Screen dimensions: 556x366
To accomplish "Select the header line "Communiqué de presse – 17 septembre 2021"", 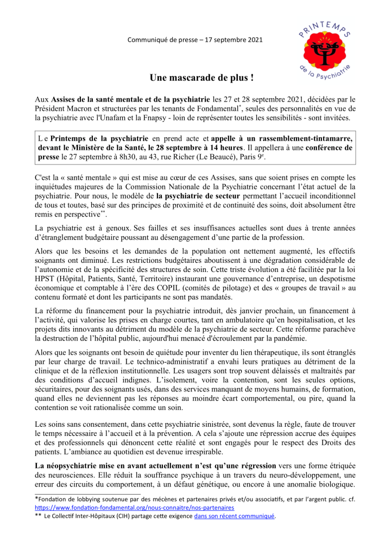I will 195,40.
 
